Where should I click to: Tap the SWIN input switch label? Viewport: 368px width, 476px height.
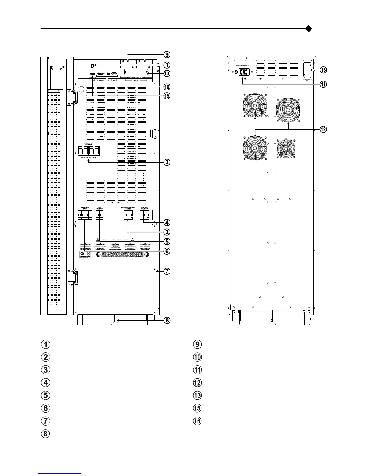[85, 209]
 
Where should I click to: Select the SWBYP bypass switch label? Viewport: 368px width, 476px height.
[100, 209]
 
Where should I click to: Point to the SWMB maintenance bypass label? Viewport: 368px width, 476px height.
[128, 209]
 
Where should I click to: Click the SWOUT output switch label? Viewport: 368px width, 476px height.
[145, 209]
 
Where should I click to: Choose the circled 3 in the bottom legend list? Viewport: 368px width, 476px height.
[45, 370]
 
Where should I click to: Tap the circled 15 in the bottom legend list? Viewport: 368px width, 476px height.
[197, 408]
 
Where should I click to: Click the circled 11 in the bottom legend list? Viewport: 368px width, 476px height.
[197, 370]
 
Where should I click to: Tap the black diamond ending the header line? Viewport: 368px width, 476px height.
[308, 29]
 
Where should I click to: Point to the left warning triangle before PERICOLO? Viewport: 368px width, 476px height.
[97, 240]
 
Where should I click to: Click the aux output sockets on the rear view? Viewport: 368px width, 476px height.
[244, 72]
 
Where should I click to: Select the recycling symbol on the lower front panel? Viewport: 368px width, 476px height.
[81, 254]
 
